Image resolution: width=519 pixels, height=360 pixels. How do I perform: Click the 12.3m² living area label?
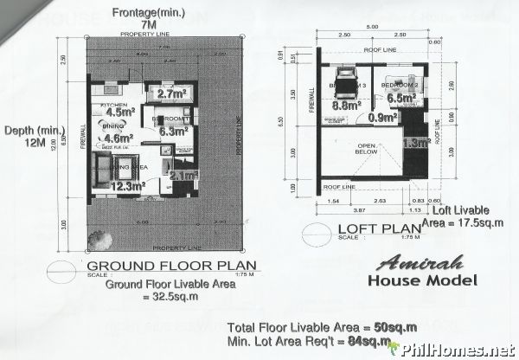point(127,183)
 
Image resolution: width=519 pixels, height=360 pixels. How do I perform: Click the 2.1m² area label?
point(184,176)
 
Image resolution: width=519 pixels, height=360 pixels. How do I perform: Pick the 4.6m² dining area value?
point(118,137)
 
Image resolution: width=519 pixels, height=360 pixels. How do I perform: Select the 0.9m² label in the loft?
point(381,117)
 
